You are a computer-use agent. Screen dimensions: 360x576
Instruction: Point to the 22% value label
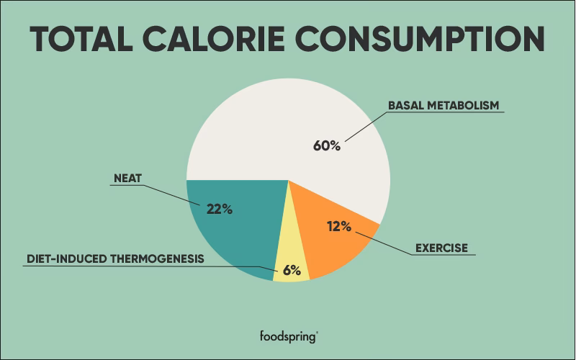219,210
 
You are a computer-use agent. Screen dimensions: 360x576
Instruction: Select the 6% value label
291,271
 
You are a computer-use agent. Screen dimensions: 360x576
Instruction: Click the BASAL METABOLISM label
443,105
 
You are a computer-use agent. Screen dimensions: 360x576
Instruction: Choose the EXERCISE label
441,248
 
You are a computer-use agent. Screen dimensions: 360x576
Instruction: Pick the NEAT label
128,176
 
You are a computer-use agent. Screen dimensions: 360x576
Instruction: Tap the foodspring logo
287,336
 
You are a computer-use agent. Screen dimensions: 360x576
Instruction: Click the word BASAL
405,105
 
